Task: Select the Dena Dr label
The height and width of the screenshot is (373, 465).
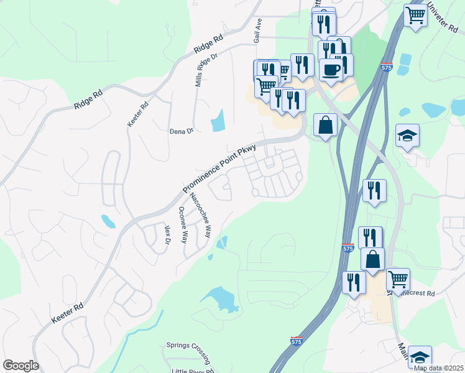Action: tap(182, 131)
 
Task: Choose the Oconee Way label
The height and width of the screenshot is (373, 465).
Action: tap(183, 224)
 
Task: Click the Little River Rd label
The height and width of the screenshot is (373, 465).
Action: tap(193, 371)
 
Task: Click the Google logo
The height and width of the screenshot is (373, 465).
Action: tap(21, 366)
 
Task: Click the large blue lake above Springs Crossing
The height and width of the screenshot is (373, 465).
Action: tap(221, 299)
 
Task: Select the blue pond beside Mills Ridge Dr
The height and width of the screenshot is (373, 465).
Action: tap(218, 121)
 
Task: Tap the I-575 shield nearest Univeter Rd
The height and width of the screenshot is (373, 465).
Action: tap(387, 67)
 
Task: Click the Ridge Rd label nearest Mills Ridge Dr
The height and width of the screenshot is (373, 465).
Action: tap(208, 47)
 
